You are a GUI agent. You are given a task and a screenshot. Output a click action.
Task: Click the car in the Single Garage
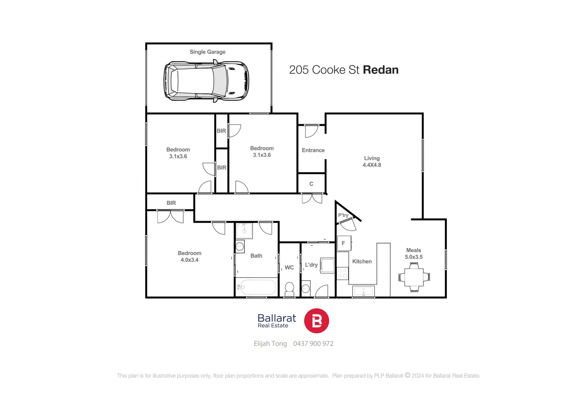tap(206, 81)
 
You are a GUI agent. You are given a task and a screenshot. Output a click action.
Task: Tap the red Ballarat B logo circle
tap(316, 321)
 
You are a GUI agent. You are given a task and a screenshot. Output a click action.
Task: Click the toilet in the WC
tap(289, 289)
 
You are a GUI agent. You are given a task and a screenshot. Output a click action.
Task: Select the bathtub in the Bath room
tap(257, 287)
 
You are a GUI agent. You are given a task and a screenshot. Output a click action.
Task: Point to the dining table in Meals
tap(414, 277)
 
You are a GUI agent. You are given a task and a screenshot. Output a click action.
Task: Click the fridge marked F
tap(344, 243)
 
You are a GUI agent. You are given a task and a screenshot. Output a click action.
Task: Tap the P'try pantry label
tap(343, 215)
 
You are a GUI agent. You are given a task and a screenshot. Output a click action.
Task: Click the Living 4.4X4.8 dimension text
tap(372, 165)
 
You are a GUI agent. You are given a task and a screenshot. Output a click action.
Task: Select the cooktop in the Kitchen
tap(343, 273)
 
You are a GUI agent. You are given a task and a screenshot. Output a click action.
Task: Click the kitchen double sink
tap(364, 291)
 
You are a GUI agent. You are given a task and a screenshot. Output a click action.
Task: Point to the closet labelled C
tap(311, 184)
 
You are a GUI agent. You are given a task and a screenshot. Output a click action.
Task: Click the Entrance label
tap(313, 150)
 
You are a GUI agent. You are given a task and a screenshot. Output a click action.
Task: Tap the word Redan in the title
tap(381, 70)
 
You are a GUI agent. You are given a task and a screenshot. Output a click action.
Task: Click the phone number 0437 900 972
tap(313, 344)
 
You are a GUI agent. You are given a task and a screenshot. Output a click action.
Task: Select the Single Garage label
tap(207, 52)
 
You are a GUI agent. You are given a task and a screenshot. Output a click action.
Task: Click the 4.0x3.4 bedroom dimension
tap(190, 260)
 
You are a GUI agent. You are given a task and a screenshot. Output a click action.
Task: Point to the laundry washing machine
tap(327, 265)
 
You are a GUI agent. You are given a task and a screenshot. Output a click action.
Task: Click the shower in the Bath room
tap(244, 231)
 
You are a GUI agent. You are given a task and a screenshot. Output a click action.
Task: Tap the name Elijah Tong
tap(270, 344)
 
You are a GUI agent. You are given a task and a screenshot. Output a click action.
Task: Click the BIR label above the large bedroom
tap(171, 203)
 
